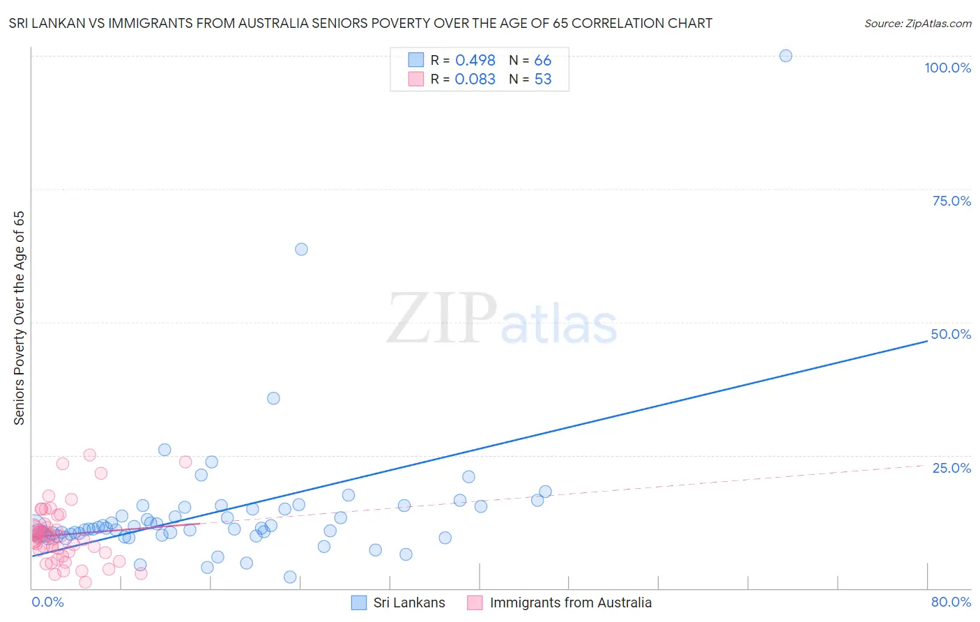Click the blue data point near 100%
[x=786, y=56]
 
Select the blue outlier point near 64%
[x=301, y=249]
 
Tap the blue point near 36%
[x=273, y=398]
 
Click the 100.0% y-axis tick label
[x=947, y=68]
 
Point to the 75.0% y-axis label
[x=951, y=201]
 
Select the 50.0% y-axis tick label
[x=951, y=334]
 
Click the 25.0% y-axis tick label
[x=951, y=468]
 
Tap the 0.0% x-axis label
[x=47, y=602]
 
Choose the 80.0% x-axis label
[x=951, y=602]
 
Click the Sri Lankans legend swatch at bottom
[x=359, y=603]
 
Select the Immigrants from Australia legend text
[x=570, y=603]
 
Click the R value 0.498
[x=475, y=61]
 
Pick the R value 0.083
[x=475, y=79]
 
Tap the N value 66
[x=542, y=61]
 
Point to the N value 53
[x=542, y=79]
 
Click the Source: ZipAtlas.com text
[x=917, y=24]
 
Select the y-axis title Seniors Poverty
[x=19, y=318]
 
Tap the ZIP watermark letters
[x=442, y=319]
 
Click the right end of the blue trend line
[x=926, y=341]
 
